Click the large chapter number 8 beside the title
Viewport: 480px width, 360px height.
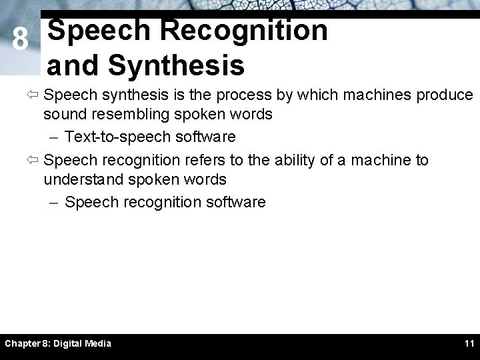pos(20,41)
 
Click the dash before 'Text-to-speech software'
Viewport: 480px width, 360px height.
pos(55,137)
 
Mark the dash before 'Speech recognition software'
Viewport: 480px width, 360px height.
pos(55,203)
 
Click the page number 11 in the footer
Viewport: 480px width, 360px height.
pos(469,343)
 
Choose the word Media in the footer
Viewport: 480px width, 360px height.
pos(98,343)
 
